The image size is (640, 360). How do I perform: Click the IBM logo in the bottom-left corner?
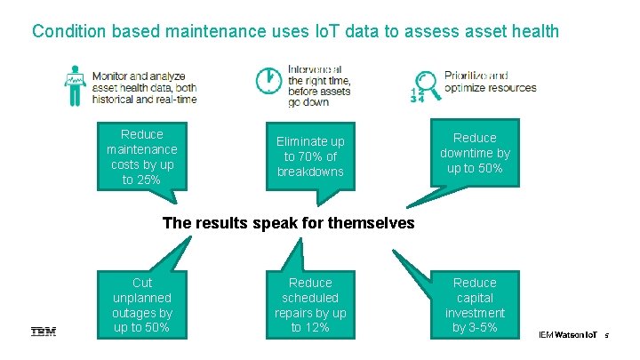[44, 332]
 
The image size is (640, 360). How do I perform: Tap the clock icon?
[268, 81]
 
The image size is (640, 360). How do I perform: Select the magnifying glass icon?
[428, 82]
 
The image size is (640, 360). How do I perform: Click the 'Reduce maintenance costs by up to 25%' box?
[142, 156]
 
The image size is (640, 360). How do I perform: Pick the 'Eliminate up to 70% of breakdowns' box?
[310, 156]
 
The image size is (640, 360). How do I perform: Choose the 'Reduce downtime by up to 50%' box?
[475, 153]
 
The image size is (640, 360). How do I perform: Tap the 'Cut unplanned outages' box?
[142, 305]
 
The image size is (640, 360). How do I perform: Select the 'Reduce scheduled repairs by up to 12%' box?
[310, 305]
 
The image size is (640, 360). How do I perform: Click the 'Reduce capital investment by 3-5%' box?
[475, 305]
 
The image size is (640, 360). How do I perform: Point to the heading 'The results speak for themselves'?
[288, 223]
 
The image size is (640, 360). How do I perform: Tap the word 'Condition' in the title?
[68, 31]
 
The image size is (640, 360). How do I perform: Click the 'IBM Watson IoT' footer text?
[567, 334]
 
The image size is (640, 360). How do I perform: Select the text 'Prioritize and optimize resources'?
[490, 82]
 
